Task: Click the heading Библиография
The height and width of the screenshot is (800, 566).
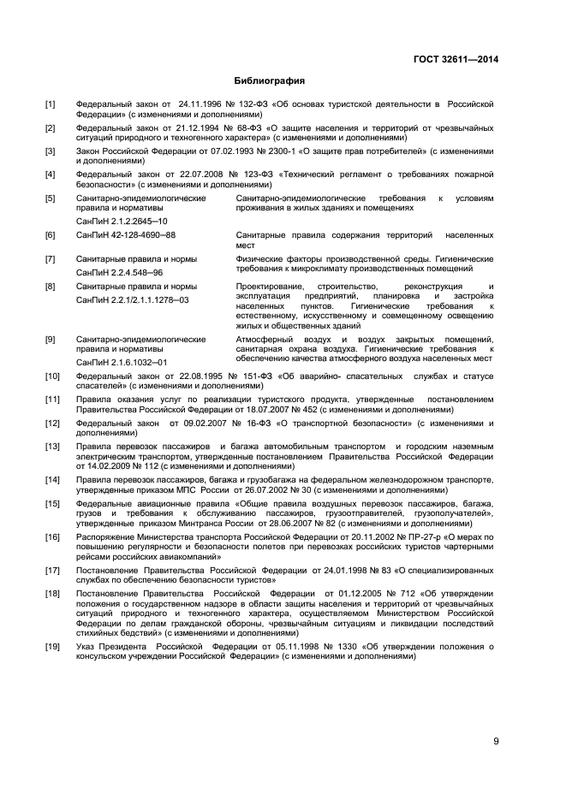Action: pos(270,81)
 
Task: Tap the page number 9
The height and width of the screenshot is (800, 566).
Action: pos(496,741)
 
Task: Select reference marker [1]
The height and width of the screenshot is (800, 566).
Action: pos(50,105)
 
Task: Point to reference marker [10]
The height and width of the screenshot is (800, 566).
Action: pos(52,376)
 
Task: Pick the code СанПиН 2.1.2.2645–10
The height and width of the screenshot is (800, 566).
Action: pos(121,220)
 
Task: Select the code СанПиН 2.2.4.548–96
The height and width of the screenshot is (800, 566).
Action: pos(118,271)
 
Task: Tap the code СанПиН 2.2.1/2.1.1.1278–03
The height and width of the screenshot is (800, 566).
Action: pos(133,300)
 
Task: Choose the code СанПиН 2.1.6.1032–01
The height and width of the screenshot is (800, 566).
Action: pos(121,362)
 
